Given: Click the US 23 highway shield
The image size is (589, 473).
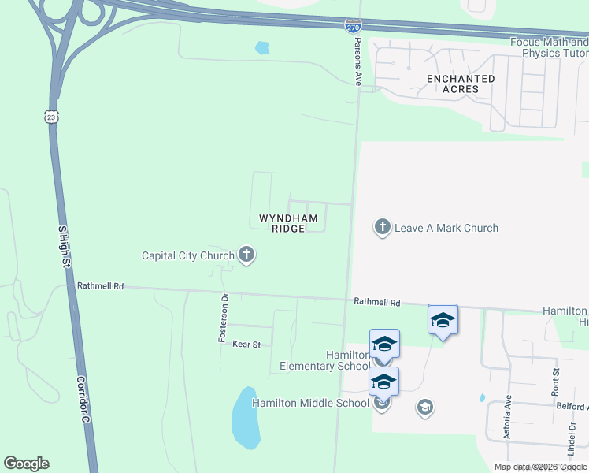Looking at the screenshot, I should click(51, 116).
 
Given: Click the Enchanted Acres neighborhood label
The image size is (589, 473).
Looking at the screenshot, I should click(461, 84).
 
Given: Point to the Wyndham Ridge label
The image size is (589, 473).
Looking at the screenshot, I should click(289, 223).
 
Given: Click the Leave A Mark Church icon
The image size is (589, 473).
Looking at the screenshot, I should click(382, 228).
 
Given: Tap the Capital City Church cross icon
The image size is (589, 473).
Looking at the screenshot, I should click(246, 255).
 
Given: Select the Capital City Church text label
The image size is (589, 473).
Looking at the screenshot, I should click(188, 255).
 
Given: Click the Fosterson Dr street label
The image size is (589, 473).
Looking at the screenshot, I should click(223, 318).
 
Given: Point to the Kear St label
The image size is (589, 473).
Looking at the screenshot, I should click(246, 344).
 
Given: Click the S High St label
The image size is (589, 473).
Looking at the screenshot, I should click(64, 244).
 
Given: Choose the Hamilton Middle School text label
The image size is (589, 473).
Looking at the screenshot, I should click(310, 403).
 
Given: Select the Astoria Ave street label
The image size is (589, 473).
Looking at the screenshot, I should click(509, 414).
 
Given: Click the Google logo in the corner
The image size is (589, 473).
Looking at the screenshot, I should click(27, 464).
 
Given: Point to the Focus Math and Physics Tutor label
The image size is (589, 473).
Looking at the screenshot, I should click(550, 48).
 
